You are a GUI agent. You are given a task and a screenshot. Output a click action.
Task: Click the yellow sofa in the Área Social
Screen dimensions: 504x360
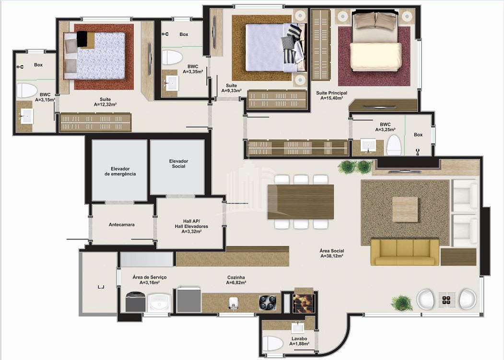pos(404,252)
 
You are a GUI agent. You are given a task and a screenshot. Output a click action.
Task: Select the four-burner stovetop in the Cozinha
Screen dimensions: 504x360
pos(268,302)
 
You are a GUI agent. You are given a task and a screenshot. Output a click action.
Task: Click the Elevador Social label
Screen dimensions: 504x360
pos(178,163)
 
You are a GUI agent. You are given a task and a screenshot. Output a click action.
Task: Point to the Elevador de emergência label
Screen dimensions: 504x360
pos(120,171)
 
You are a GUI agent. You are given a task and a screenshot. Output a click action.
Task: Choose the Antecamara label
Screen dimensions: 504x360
pos(121,225)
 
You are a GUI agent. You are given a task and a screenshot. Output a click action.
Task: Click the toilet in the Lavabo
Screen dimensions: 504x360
pos(272,343)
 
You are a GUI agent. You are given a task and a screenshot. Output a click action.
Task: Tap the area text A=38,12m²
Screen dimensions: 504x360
pos(332,256)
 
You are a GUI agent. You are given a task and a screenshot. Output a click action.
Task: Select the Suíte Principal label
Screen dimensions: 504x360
pos(331,93)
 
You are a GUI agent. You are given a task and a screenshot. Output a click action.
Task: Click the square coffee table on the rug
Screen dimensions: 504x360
pos(405,209)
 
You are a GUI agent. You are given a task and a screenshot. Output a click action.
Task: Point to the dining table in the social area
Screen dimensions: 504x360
pos(301,201)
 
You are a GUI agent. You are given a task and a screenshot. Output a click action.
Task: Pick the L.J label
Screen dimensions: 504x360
pos(101,287)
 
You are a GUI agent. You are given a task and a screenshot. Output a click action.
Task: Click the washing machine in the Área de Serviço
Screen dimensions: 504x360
pos(135,302)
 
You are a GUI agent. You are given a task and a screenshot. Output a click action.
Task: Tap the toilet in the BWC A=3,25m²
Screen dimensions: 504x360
pos(393,145)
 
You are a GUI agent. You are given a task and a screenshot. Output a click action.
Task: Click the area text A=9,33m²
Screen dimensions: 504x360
pos(232,91)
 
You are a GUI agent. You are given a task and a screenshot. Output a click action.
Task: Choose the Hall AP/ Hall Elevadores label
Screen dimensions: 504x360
pos(191,226)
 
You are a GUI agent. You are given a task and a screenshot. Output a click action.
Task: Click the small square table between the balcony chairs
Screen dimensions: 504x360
pos(447,300)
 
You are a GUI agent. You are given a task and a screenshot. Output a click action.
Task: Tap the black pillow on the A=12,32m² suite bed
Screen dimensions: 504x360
pos(82,39)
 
